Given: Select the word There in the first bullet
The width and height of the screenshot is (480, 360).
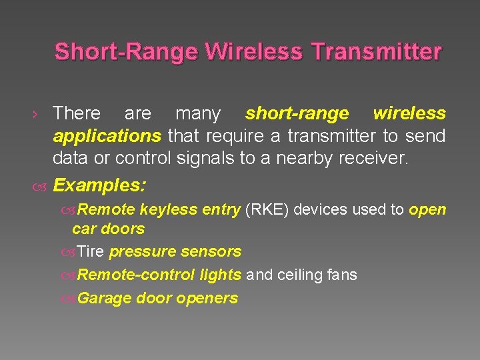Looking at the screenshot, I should tap(77, 114).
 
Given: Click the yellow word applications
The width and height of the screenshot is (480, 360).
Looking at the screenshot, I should tap(107, 137).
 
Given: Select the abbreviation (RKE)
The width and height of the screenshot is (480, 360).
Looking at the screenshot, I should tap(267, 209).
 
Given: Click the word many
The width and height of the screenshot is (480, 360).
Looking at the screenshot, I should tap(197, 114).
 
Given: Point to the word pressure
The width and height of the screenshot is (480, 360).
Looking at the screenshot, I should tap(139, 251).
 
